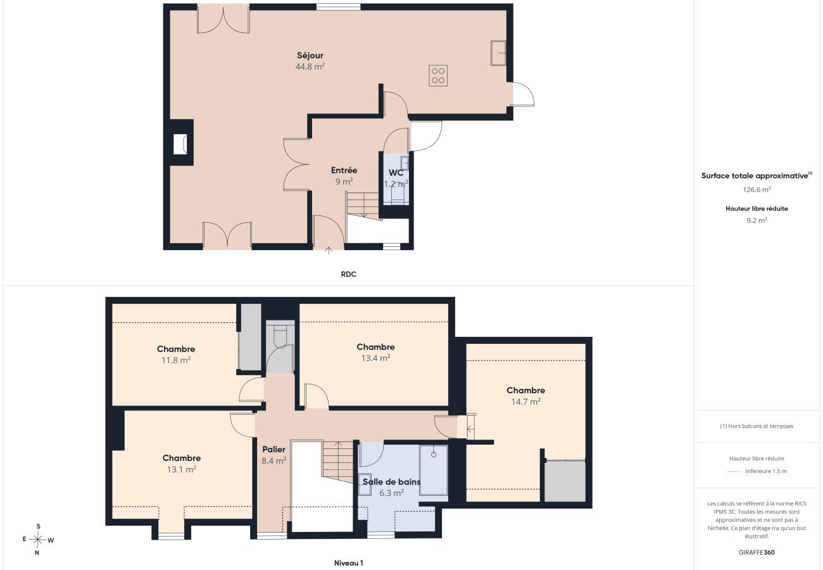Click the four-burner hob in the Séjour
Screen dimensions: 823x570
pos(438,76)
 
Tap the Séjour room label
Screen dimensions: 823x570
pos(310,56)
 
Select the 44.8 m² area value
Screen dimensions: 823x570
pos(310,66)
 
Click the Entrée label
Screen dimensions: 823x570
pos(344,170)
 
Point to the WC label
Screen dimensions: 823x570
pos(396,173)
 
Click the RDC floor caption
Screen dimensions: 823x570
pos(348,274)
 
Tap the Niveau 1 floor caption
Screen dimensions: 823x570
pos(348,563)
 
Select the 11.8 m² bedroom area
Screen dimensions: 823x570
pos(176,360)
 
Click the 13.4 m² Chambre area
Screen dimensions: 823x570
pos(375,358)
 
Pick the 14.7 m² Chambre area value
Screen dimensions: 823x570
pos(525,402)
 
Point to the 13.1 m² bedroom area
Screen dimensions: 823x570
pos(182,469)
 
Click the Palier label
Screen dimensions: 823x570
pos(273,450)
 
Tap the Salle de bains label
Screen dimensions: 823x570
pos(392,482)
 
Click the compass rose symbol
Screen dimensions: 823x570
pos(37,540)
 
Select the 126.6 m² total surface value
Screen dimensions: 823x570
pos(757,189)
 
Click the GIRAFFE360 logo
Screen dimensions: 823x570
pos(757,552)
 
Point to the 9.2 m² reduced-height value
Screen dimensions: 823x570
pos(757,220)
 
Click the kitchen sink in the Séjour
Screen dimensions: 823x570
pos(498,53)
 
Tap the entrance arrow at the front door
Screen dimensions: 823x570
pos(329,251)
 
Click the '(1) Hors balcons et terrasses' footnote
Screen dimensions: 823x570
pos(757,426)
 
